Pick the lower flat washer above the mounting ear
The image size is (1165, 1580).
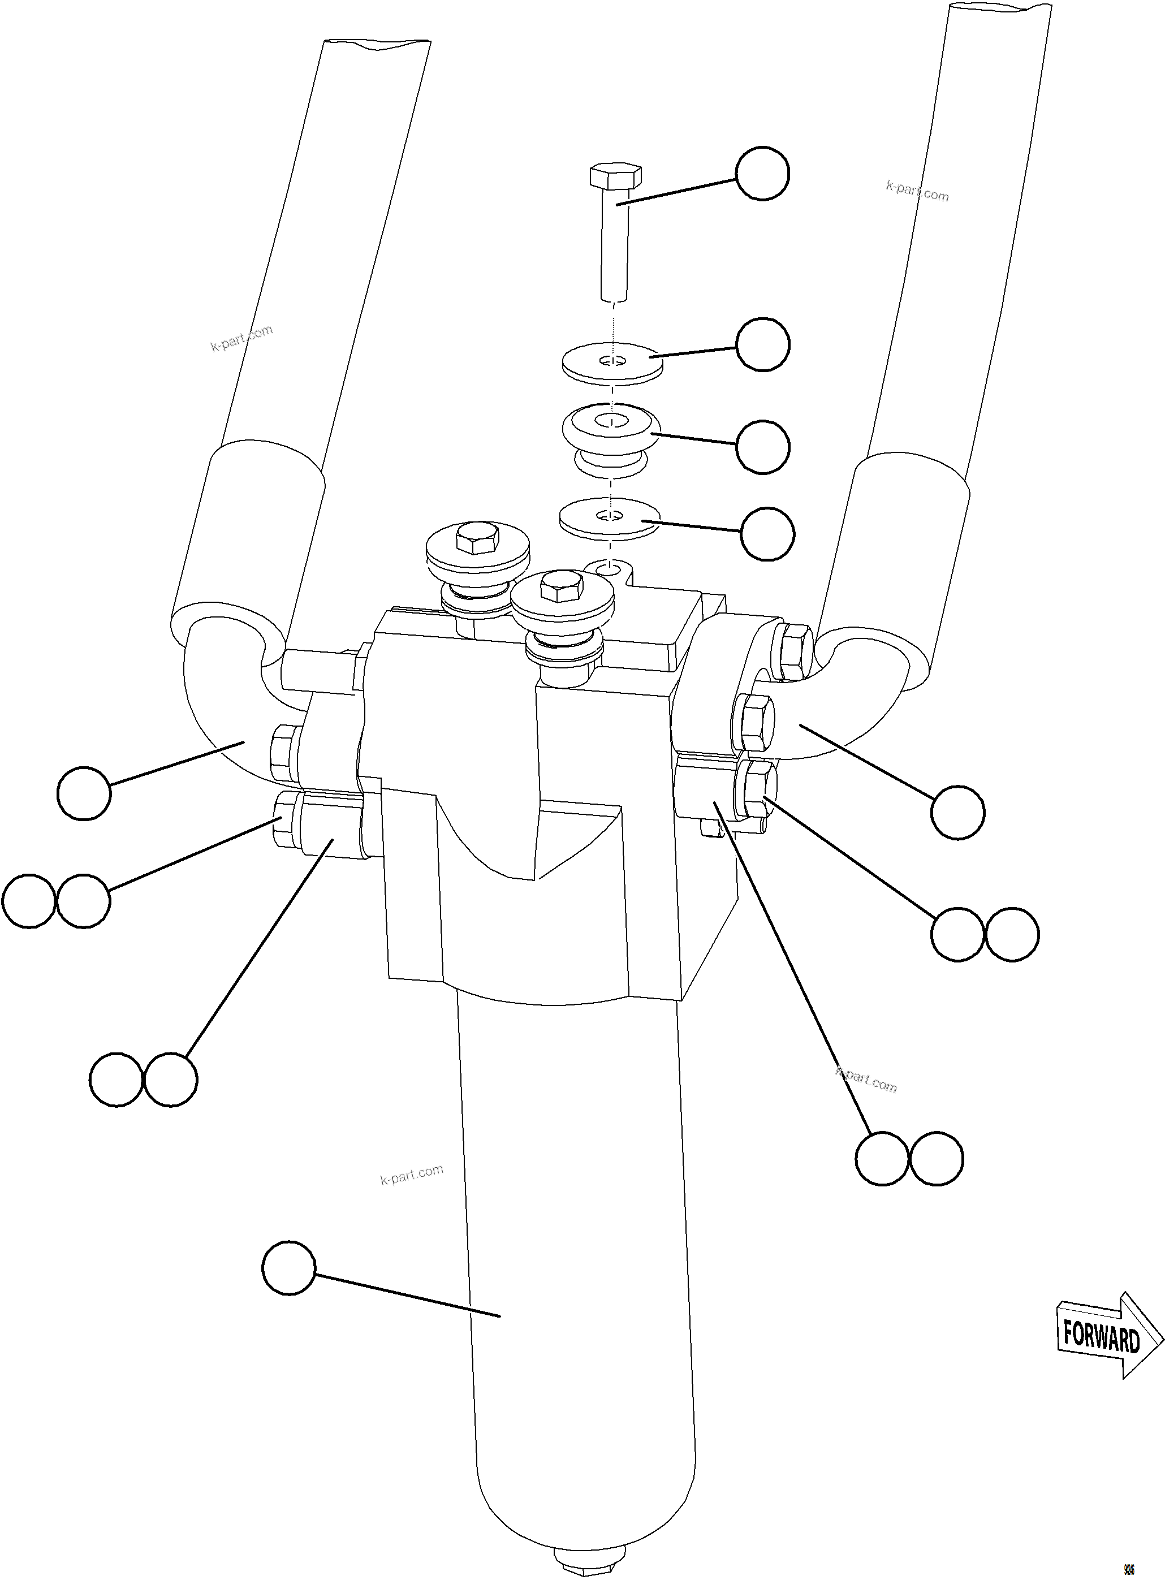click(x=609, y=520)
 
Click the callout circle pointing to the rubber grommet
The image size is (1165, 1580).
click(x=762, y=447)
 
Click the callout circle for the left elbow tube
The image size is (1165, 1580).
click(x=84, y=793)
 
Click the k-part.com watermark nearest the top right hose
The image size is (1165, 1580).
click(x=917, y=191)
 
